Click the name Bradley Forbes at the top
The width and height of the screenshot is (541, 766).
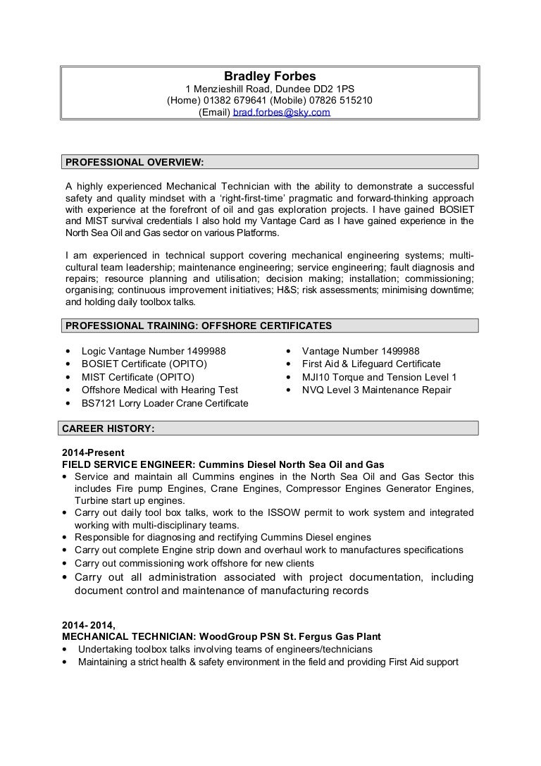pyautogui.click(x=269, y=76)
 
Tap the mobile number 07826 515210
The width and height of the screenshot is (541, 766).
pyautogui.click(x=343, y=101)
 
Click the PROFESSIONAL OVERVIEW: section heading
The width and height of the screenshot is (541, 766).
pyautogui.click(x=135, y=162)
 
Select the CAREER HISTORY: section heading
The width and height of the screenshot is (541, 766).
pyautogui.click(x=108, y=428)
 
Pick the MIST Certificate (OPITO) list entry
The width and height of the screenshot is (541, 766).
pyautogui.click(x=138, y=377)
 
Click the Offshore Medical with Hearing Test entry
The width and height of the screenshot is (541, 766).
pyautogui.click(x=160, y=390)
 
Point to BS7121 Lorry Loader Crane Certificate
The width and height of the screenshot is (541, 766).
pyautogui.click(x=165, y=403)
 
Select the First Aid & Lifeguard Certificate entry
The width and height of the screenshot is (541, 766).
pyautogui.click(x=371, y=364)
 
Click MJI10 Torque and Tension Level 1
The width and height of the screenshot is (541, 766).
pyautogui.click(x=379, y=377)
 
